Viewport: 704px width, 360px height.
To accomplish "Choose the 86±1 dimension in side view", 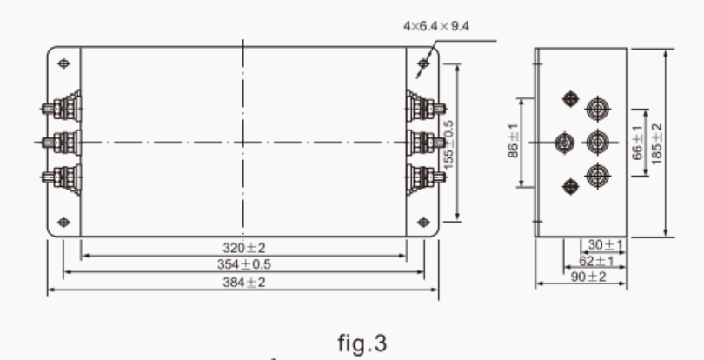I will [x=513, y=142].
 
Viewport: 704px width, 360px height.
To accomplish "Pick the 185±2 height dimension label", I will [x=657, y=142].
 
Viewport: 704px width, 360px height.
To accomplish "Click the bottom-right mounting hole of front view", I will [x=422, y=221].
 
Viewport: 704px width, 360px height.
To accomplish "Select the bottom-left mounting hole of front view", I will [x=63, y=221].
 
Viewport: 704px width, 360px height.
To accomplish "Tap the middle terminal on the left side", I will [x=63, y=142].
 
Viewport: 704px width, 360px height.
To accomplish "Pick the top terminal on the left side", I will [x=63, y=109].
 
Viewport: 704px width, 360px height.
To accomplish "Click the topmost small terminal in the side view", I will [x=570, y=99].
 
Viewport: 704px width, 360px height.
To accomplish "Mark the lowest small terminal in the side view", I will [x=570, y=184].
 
